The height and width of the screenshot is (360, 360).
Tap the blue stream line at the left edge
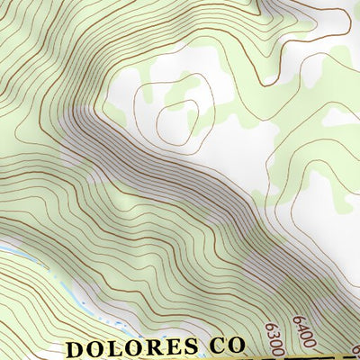tap(4, 246)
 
